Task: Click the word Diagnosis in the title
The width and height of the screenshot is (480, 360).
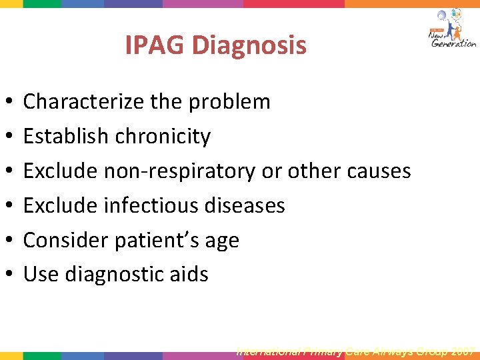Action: (x=248, y=46)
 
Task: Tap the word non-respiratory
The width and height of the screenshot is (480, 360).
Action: (x=179, y=171)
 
